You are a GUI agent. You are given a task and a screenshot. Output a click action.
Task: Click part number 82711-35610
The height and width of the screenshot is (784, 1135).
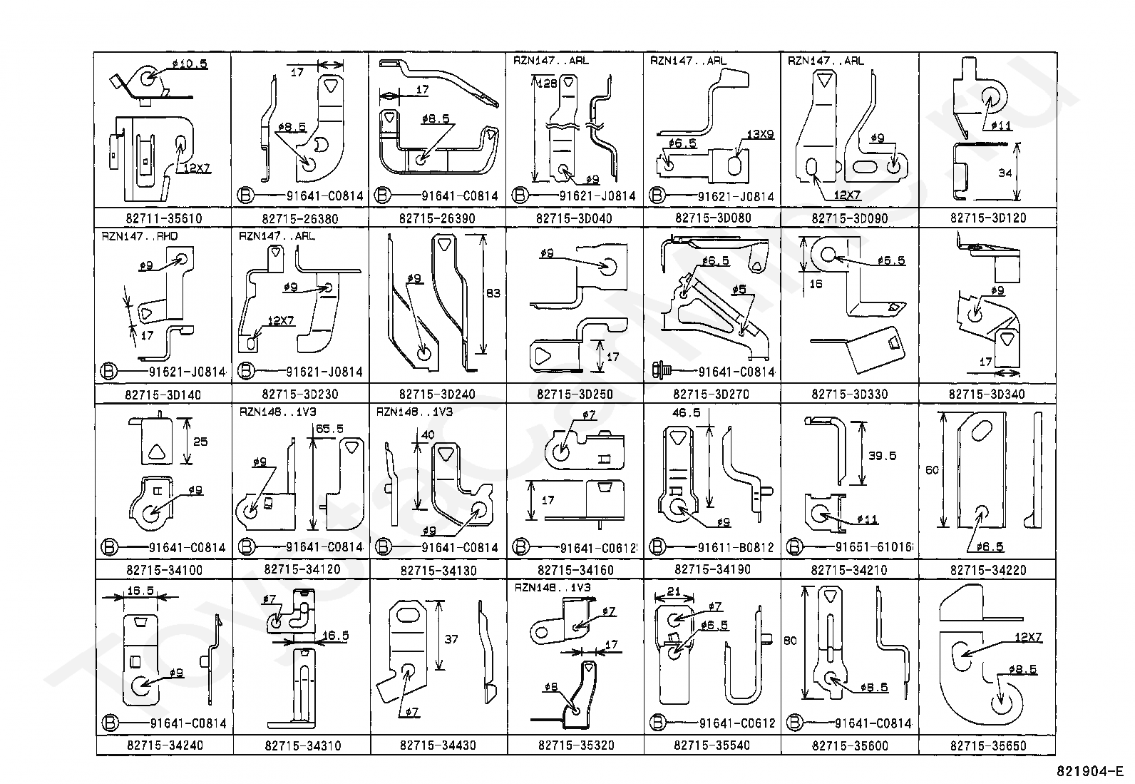[163, 218]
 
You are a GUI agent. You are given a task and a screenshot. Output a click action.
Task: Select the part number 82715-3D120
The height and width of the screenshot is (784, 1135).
[987, 218]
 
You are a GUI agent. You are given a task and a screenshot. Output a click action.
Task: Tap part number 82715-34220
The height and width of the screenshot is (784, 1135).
[987, 570]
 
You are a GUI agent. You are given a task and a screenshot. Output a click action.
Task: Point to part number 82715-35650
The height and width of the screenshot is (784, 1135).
[987, 745]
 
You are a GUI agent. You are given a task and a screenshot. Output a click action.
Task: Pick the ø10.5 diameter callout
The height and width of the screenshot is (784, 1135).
[189, 63]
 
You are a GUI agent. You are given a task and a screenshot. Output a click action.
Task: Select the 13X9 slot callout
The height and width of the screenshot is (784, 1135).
[760, 134]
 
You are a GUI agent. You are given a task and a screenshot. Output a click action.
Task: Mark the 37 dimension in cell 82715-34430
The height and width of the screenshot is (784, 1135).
[451, 640]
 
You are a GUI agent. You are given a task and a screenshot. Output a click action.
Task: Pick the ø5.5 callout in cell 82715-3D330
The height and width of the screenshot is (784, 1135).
[891, 261]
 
